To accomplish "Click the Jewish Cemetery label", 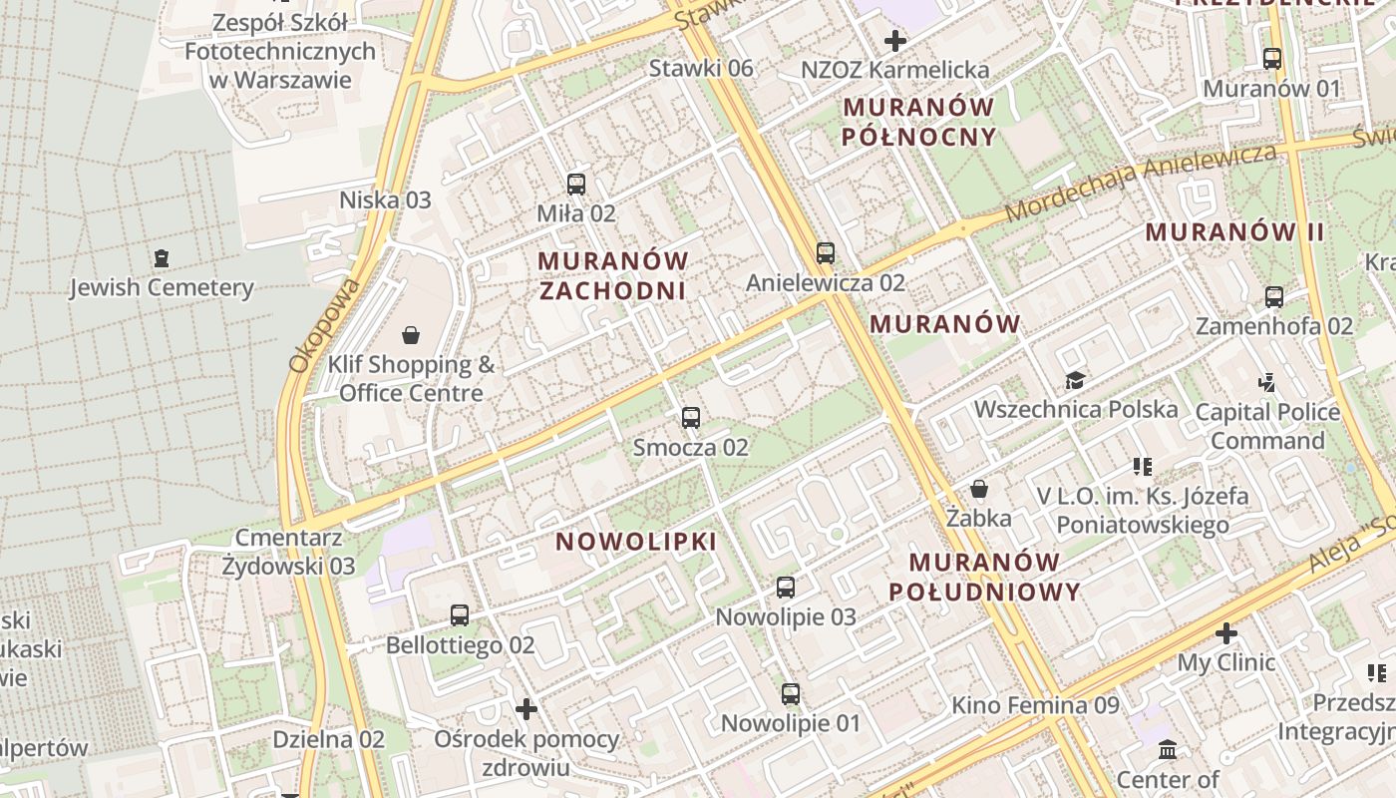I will tap(162, 288).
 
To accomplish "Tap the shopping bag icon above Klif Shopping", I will tap(410, 334).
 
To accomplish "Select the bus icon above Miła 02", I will tap(576, 184).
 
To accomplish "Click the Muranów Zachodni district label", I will tap(613, 275).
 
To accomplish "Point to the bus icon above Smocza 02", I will tap(691, 418).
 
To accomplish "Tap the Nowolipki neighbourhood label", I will tap(636, 542).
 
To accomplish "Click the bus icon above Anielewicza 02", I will tap(826, 253).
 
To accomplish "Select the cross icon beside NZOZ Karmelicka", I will tap(895, 41).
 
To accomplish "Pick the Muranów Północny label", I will tap(918, 122).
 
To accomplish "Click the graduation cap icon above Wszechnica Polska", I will tap(1075, 380).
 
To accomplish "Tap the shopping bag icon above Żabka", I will tap(979, 489).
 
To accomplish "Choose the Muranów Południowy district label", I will tap(984, 577).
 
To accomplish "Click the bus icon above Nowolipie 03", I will tap(786, 588).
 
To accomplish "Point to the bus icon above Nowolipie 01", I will tap(791, 693).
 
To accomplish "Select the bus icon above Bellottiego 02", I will tap(460, 615).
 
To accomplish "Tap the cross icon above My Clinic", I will tap(1226, 633).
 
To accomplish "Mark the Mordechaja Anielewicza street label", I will tap(1141, 182).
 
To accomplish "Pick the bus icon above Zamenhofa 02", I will tap(1274, 296).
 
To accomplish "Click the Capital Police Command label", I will tap(1267, 426).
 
